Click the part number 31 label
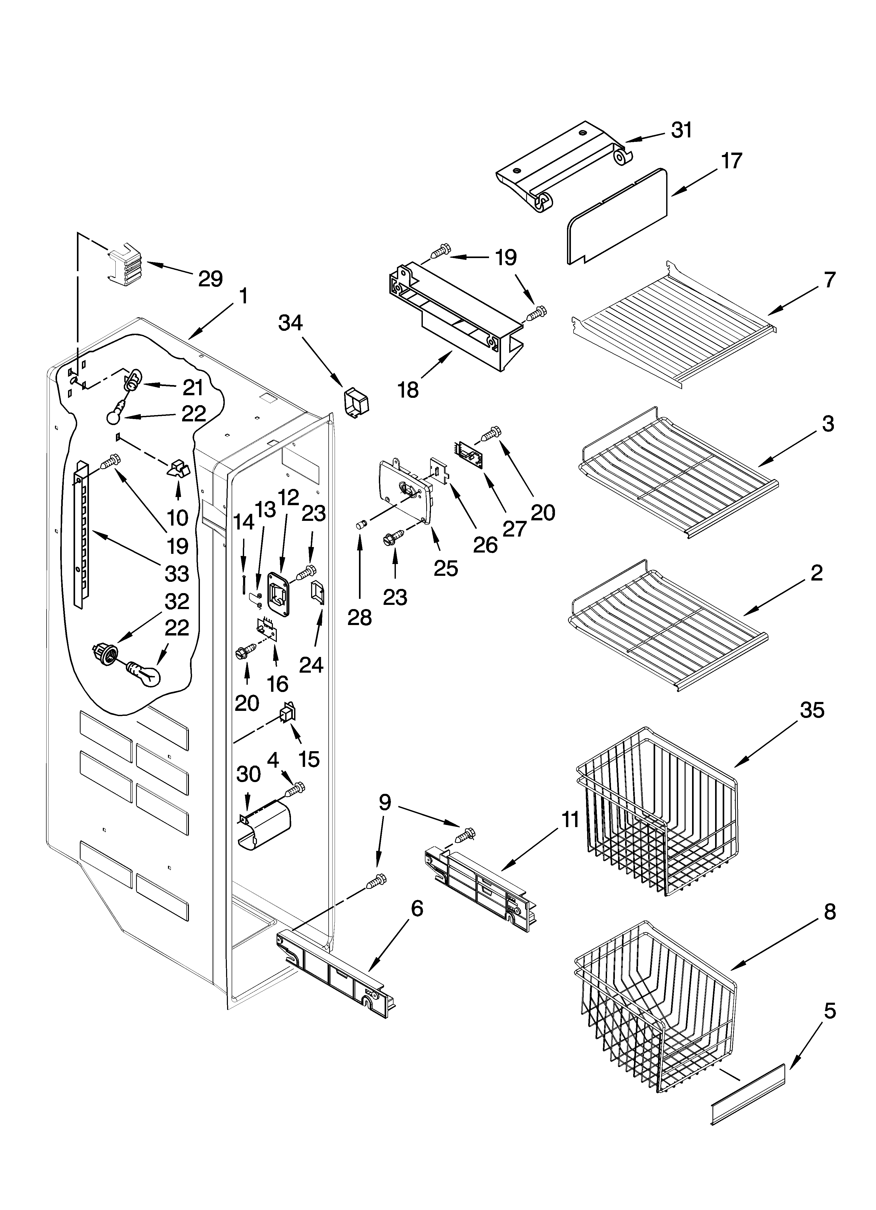(x=681, y=130)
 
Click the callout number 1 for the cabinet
(x=243, y=297)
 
